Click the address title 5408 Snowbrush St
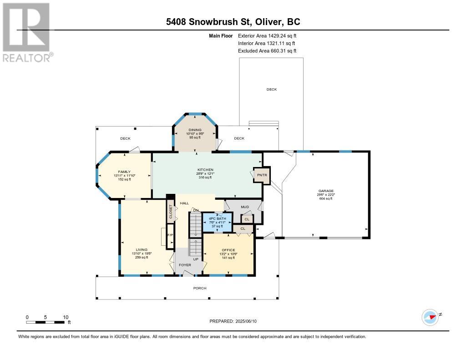[233, 22]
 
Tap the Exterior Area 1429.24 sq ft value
[267, 35]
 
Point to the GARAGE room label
[326, 191]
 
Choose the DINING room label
[195, 130]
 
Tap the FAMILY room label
[124, 172]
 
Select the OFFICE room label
[228, 250]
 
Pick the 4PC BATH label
[217, 218]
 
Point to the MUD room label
[244, 207]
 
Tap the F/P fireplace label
[170, 235]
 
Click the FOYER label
[185, 264]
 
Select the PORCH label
[200, 288]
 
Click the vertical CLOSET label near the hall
[171, 212]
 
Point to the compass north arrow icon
[430, 317]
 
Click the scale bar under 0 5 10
[46, 322]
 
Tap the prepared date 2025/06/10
[236, 321]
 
